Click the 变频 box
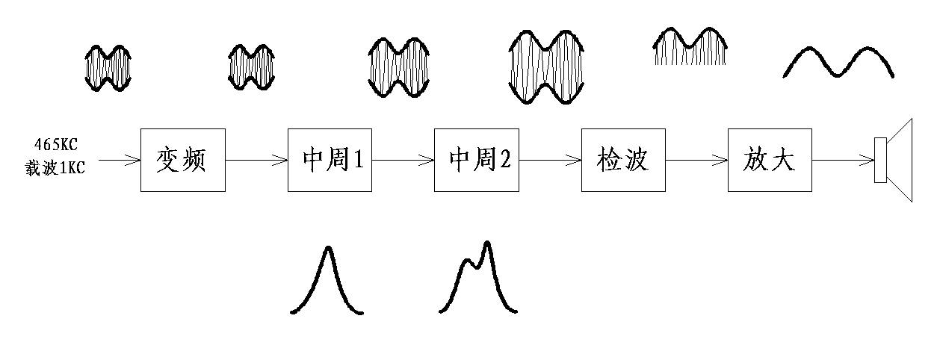183,160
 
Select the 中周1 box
330,160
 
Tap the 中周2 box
476,160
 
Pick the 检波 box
623,160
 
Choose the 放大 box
770,160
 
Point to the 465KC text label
55,145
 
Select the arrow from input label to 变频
120,160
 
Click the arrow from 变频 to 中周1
256,160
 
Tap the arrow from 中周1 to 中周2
403,160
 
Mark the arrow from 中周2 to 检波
550,160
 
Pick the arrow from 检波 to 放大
696,160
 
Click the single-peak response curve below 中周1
327,281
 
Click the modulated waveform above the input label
108,68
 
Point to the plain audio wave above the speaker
838,63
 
